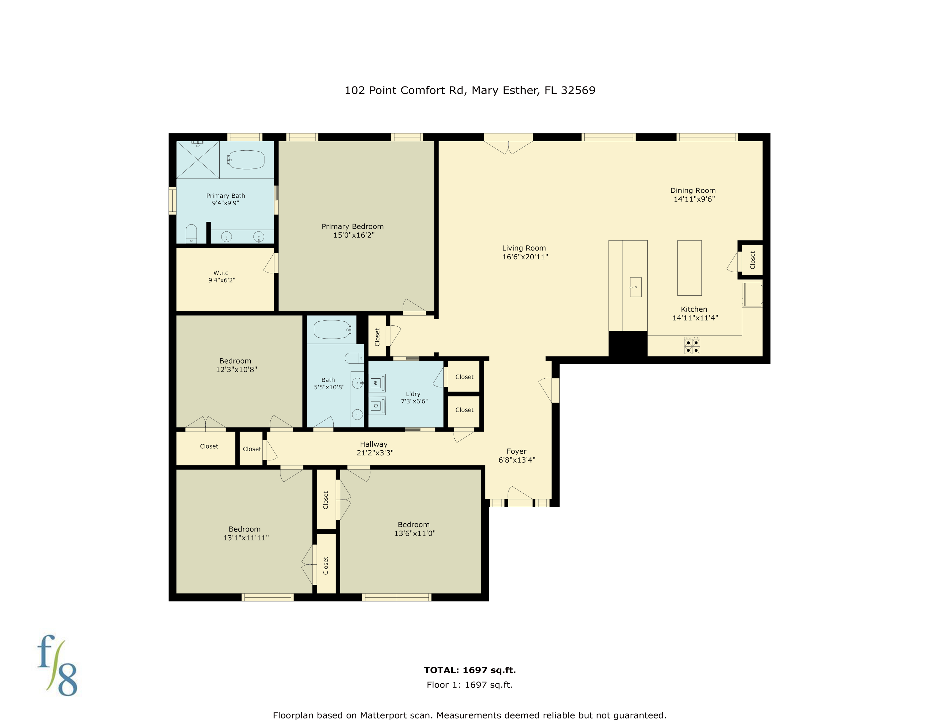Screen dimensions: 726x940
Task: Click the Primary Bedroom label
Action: coord(352,227)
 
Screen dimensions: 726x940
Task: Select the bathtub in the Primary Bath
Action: coord(246,159)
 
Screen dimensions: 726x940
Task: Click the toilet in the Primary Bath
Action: coord(191,234)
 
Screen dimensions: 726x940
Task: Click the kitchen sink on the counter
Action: coord(635,287)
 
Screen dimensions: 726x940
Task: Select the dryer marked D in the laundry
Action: coord(376,406)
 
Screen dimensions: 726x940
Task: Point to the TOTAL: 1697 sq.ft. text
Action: coord(470,670)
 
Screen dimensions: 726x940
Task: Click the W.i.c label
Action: coord(221,273)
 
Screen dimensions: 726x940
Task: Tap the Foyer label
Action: coord(516,451)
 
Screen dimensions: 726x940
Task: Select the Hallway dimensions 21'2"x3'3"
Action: coord(375,453)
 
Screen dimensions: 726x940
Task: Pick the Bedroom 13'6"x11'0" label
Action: coord(414,525)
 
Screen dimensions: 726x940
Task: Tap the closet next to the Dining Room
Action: coord(752,260)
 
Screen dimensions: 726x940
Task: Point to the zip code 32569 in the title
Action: coord(578,90)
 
